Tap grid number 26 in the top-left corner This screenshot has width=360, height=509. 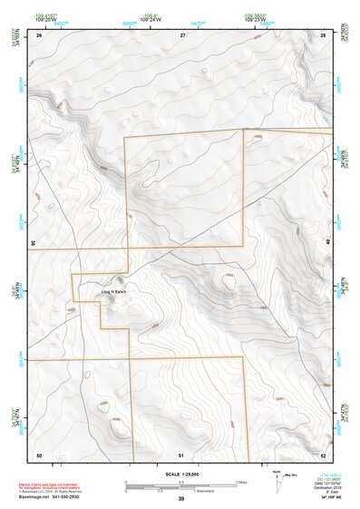[39, 34]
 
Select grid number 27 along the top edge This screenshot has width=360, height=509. [182, 34]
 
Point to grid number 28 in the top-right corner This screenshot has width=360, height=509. [324, 34]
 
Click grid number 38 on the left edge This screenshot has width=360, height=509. [34, 243]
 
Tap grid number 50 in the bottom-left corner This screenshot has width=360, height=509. [39, 453]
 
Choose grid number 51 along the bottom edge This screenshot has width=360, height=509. [181, 453]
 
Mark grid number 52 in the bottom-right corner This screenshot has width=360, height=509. [324, 453]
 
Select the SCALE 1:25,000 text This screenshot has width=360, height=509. [180, 474]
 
